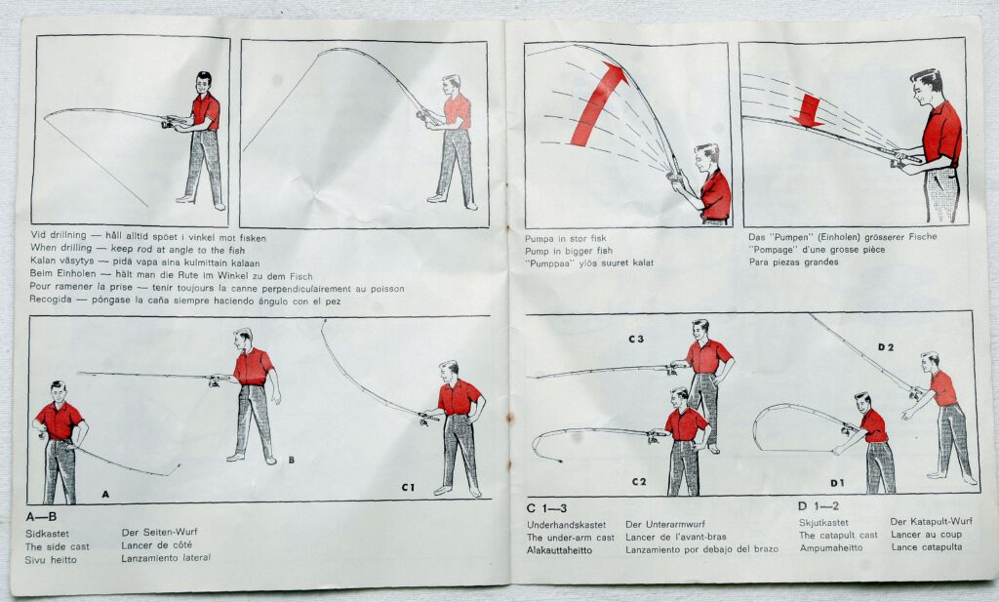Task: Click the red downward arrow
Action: (808, 111)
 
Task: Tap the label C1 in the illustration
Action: (408, 487)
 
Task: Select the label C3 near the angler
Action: (636, 339)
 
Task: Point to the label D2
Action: (886, 347)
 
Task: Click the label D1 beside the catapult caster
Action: (837, 483)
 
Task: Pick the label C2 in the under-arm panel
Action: (639, 482)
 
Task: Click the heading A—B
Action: (41, 516)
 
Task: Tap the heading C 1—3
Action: (546, 507)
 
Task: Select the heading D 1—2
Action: (819, 506)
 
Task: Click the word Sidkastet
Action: (47, 534)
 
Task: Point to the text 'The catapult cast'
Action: (838, 535)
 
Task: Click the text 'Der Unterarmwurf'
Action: (665, 524)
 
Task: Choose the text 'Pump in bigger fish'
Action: (569, 251)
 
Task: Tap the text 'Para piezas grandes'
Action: (793, 261)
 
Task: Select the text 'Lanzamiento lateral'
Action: (166, 558)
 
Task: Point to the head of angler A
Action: (59, 392)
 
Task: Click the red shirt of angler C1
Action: (459, 397)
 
